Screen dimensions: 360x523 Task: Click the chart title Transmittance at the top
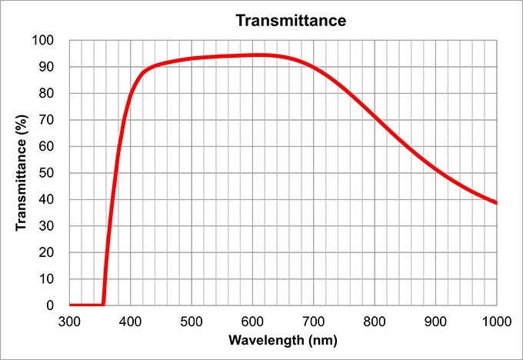pos(291,20)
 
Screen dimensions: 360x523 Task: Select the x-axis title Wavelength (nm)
pos(283,338)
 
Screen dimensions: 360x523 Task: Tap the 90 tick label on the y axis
pos(47,67)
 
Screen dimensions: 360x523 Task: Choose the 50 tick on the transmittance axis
pos(47,173)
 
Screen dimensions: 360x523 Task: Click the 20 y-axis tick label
pos(47,252)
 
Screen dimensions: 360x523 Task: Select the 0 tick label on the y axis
pos(50,305)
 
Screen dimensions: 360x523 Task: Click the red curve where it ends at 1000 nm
pos(495,202)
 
